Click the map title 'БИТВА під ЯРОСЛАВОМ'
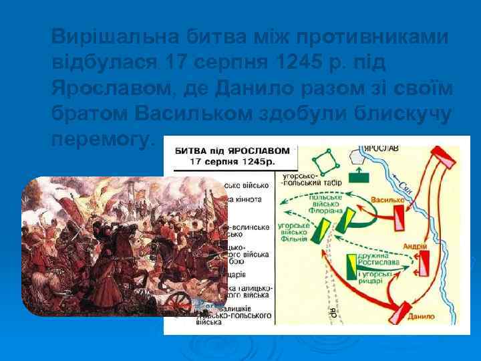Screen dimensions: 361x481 [232, 150]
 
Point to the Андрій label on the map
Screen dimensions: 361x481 [416, 245]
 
